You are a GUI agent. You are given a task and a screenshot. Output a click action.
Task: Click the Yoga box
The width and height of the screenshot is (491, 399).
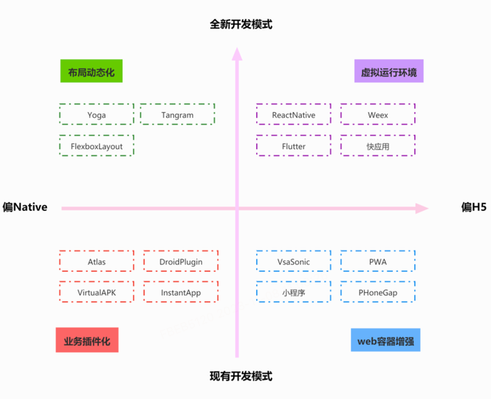97,115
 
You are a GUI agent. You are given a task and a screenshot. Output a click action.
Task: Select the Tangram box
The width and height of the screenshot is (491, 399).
177,115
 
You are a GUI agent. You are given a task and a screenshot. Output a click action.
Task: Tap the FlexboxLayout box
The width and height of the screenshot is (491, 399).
97,146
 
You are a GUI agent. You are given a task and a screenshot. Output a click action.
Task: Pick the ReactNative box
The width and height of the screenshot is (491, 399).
293,115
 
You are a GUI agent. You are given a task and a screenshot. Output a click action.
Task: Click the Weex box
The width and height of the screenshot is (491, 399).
377,115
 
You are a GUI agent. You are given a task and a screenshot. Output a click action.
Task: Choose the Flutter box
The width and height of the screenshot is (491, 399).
293,146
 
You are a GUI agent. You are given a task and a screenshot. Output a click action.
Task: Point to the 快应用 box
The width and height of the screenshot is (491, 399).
377,146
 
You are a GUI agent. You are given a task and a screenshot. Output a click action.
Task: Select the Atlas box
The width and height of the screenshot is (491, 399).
97,261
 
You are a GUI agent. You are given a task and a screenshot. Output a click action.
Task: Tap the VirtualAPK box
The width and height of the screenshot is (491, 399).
97,293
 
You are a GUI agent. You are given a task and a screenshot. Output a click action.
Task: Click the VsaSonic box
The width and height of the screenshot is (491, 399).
293,261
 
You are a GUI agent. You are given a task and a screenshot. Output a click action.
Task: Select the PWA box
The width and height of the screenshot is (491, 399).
377,261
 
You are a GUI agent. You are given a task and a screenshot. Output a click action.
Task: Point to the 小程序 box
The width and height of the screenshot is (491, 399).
293,293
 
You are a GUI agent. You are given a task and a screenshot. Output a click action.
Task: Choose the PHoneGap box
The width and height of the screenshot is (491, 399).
377,293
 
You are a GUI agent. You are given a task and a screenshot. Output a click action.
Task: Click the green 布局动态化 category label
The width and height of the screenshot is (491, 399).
91,72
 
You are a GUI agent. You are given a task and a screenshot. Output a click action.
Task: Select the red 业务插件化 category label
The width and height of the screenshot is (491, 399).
86,340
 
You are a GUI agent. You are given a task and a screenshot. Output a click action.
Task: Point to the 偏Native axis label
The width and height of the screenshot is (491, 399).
25,207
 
